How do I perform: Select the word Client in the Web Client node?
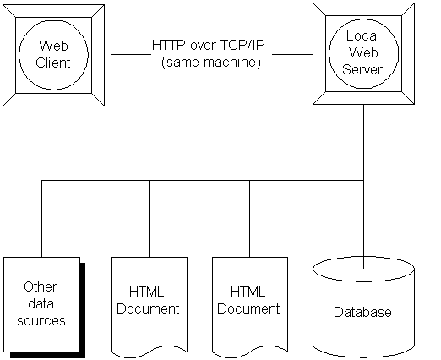tap(53, 63)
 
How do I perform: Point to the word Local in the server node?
tap(362, 35)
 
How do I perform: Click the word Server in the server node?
tap(362, 69)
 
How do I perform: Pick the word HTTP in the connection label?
tap(169, 45)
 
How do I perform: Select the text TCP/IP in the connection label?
tap(242, 45)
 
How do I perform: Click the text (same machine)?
tap(211, 63)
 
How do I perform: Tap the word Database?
tap(362, 312)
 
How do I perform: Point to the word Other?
tap(41, 287)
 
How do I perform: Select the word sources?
tap(41, 321)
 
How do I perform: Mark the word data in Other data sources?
tap(41, 304)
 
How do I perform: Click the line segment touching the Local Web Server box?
tap(292, 54)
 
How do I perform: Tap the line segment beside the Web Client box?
tap(131, 54)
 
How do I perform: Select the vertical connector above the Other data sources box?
tap(41, 219)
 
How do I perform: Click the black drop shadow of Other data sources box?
tap(83, 310)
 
